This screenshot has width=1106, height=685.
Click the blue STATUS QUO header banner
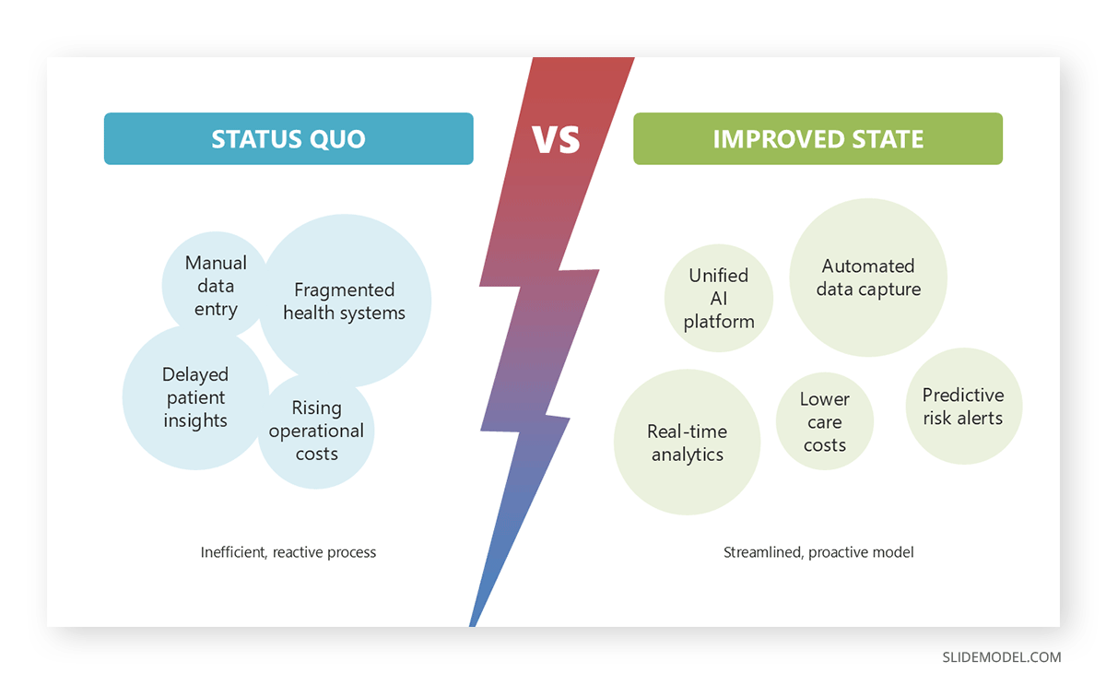click(288, 139)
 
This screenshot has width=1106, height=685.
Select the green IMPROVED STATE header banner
click(818, 139)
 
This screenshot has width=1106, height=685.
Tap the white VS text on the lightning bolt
click(556, 139)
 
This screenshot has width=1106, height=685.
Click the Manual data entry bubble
click(216, 286)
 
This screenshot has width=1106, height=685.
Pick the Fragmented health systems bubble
click(345, 301)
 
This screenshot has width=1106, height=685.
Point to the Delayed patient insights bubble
click(195, 397)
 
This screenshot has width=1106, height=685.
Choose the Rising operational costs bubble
click(316, 431)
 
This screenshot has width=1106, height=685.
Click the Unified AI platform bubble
click(719, 298)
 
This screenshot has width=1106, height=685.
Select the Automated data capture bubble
click(868, 278)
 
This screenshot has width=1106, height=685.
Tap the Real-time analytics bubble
click(687, 443)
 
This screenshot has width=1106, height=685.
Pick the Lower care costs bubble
click(824, 422)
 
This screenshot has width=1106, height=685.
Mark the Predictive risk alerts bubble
click(963, 406)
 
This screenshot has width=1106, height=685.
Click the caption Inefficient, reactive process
click(288, 552)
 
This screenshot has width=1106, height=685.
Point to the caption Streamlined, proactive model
click(818, 552)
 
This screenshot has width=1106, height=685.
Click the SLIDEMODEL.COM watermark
click(1001, 657)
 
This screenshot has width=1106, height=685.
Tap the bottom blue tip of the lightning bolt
click(476, 618)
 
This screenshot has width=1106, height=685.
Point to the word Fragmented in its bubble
click(344, 289)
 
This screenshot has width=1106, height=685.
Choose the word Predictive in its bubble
click(963, 395)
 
